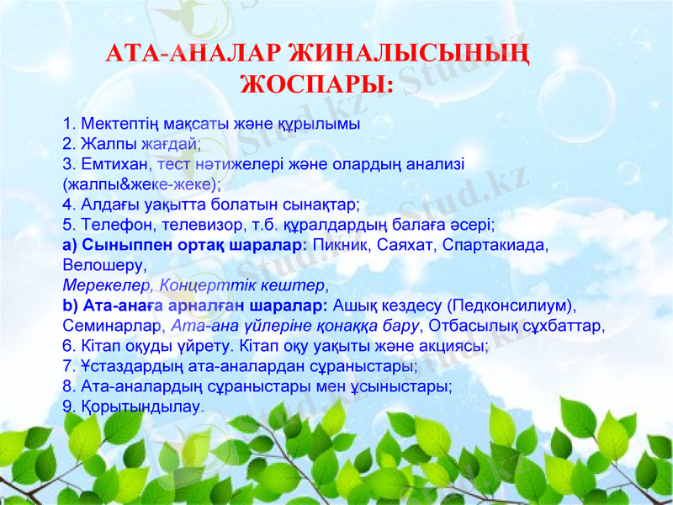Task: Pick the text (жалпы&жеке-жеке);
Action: coord(141,183)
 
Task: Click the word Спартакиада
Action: coord(496,245)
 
